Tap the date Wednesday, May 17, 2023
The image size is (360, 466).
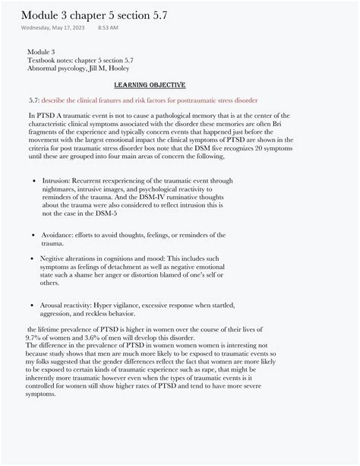click(54, 28)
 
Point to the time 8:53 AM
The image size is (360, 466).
click(109, 28)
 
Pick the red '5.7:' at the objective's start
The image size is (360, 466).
click(33, 100)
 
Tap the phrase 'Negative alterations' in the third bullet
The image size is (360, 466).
click(72, 258)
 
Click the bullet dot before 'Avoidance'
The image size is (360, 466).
click(35, 235)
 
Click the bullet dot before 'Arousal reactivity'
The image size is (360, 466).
click(35, 305)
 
